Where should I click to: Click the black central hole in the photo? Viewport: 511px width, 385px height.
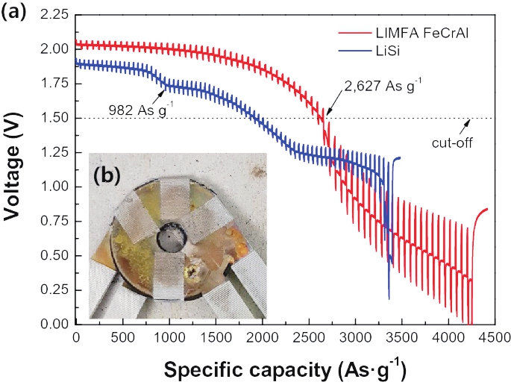tap(173, 239)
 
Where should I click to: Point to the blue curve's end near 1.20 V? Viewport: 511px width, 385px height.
tap(398, 158)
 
